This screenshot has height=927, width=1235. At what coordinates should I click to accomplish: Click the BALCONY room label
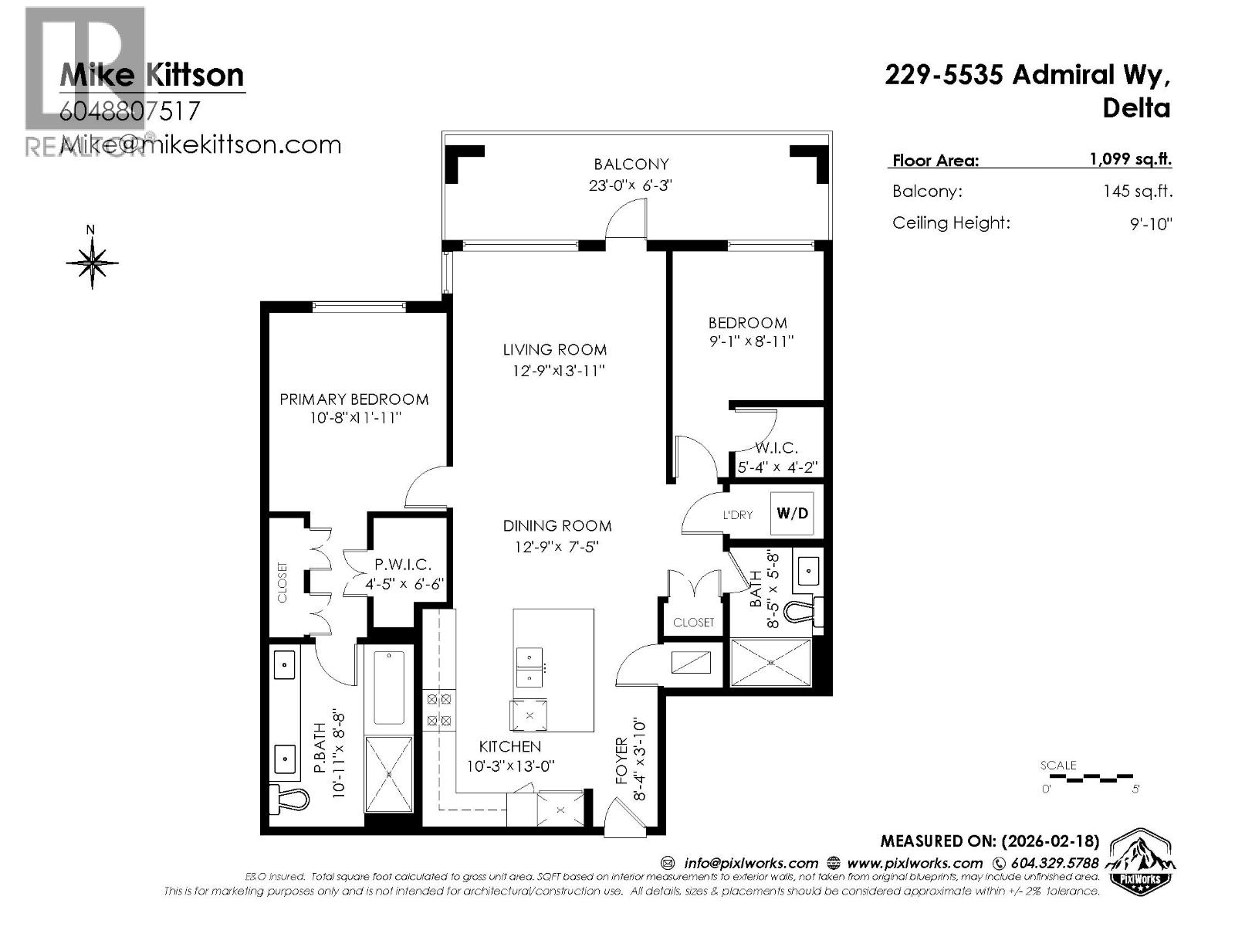[631, 164]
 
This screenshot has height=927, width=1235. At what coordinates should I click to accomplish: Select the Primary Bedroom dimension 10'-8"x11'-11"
[354, 419]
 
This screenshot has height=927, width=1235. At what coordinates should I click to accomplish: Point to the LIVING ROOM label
[554, 350]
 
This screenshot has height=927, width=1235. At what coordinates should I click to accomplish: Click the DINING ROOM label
[557, 526]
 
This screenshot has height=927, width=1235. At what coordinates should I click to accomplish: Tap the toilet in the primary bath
[290, 798]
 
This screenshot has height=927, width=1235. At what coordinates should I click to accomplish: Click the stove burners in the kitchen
[439, 710]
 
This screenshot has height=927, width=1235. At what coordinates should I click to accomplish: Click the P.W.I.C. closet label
[403, 565]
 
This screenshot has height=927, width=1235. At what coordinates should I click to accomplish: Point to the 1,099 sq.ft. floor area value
[1130, 159]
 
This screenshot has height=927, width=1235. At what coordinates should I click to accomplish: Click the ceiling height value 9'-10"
[1151, 224]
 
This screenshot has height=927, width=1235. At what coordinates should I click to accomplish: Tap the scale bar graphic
[1088, 776]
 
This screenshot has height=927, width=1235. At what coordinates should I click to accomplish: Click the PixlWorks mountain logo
[1141, 861]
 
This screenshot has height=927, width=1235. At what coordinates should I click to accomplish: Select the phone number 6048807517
[130, 111]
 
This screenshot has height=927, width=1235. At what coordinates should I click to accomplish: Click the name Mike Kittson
[152, 75]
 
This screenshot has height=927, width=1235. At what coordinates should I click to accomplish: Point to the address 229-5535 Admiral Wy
[1027, 75]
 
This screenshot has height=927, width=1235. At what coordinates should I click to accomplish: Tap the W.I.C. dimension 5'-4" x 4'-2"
[777, 467]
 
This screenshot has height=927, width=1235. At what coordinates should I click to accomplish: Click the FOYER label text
[622, 761]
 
